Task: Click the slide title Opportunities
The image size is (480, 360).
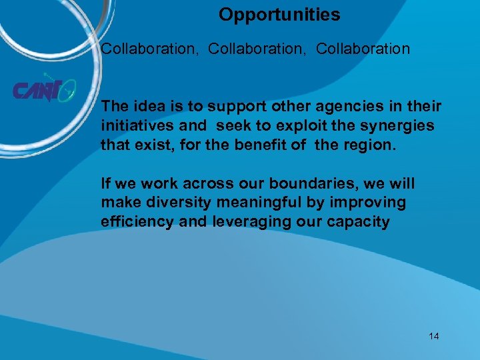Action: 279,15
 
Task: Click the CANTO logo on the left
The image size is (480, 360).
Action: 43,90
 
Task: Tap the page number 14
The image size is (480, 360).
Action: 434,336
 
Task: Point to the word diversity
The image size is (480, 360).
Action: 169,201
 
